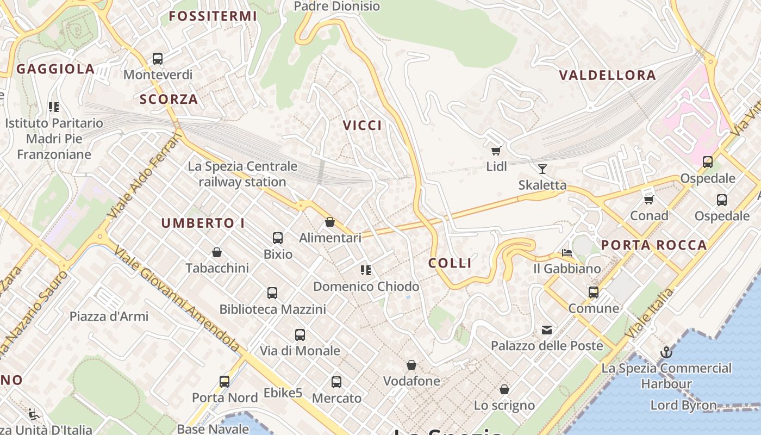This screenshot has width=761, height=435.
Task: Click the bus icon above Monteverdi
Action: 158,59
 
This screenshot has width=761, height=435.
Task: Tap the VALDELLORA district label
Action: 608,76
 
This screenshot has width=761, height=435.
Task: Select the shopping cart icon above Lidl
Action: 496,151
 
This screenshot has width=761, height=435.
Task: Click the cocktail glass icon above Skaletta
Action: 542,169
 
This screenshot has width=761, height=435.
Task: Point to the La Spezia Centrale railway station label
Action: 242,174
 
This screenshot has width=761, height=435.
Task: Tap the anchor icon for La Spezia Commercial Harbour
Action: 666,353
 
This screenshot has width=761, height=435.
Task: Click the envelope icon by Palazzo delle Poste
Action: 546,330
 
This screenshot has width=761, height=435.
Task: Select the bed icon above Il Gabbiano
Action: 567,253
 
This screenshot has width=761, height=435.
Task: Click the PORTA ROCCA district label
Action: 654,245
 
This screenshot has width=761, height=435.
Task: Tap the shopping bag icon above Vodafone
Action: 411,365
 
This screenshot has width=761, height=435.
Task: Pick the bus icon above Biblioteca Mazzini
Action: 272,293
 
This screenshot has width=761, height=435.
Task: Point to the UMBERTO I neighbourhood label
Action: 203,223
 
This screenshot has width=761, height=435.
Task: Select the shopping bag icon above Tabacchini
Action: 217,252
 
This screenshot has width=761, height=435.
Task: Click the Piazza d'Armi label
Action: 109,316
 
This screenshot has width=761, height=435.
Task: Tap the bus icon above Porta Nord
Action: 224,382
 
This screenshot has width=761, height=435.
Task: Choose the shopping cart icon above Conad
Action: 648,200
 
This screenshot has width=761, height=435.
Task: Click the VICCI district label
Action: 362,126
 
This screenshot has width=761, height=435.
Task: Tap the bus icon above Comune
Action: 593,293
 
